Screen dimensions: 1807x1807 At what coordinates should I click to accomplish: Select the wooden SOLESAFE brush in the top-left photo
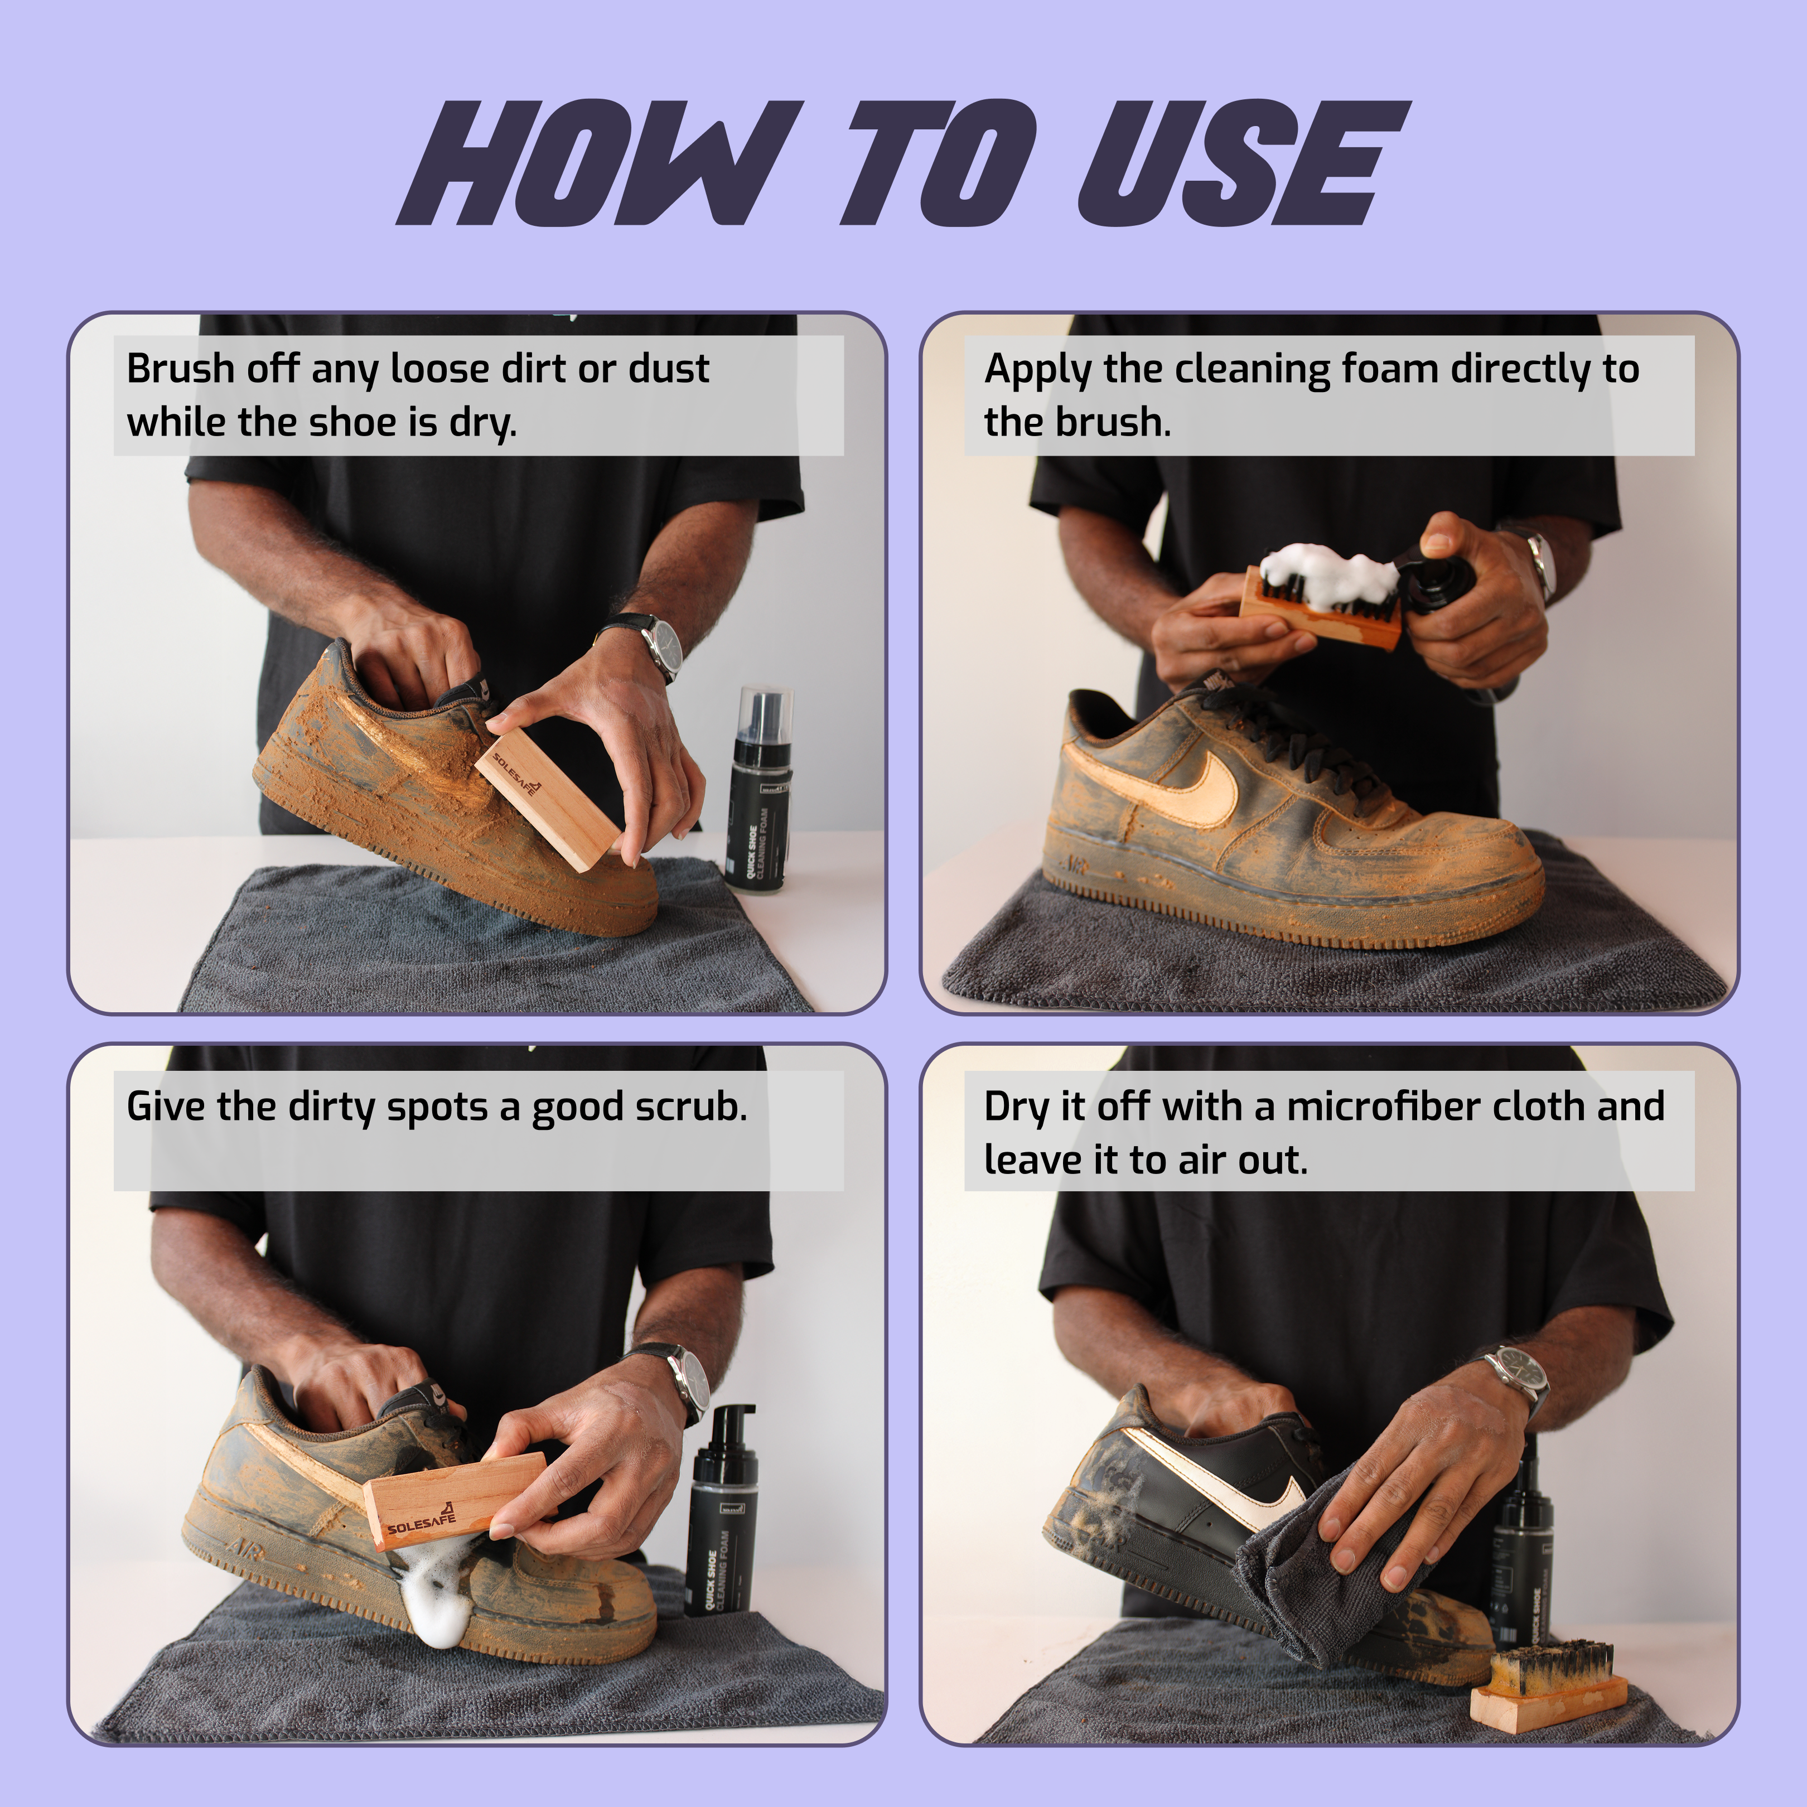click(547, 795)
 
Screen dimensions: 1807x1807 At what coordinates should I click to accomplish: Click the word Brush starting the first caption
click(180, 369)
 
